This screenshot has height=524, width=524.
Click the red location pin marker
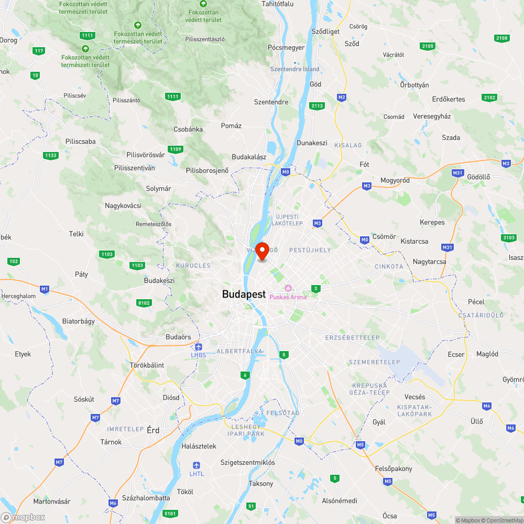click(262, 250)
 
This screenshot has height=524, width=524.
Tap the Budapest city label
click(244, 294)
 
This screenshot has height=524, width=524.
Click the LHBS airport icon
click(198, 347)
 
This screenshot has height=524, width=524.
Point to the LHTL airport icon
click(196, 465)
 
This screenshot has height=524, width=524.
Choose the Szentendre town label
click(271, 102)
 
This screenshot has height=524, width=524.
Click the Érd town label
click(153, 430)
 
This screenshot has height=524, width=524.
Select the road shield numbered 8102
click(144, 303)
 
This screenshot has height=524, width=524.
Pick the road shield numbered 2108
click(501, 38)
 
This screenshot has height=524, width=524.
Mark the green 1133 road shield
click(51, 156)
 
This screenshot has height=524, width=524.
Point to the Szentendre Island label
click(294, 69)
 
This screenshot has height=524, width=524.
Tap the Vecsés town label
click(415, 397)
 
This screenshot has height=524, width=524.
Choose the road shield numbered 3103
click(508, 238)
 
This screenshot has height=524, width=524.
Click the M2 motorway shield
click(342, 97)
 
